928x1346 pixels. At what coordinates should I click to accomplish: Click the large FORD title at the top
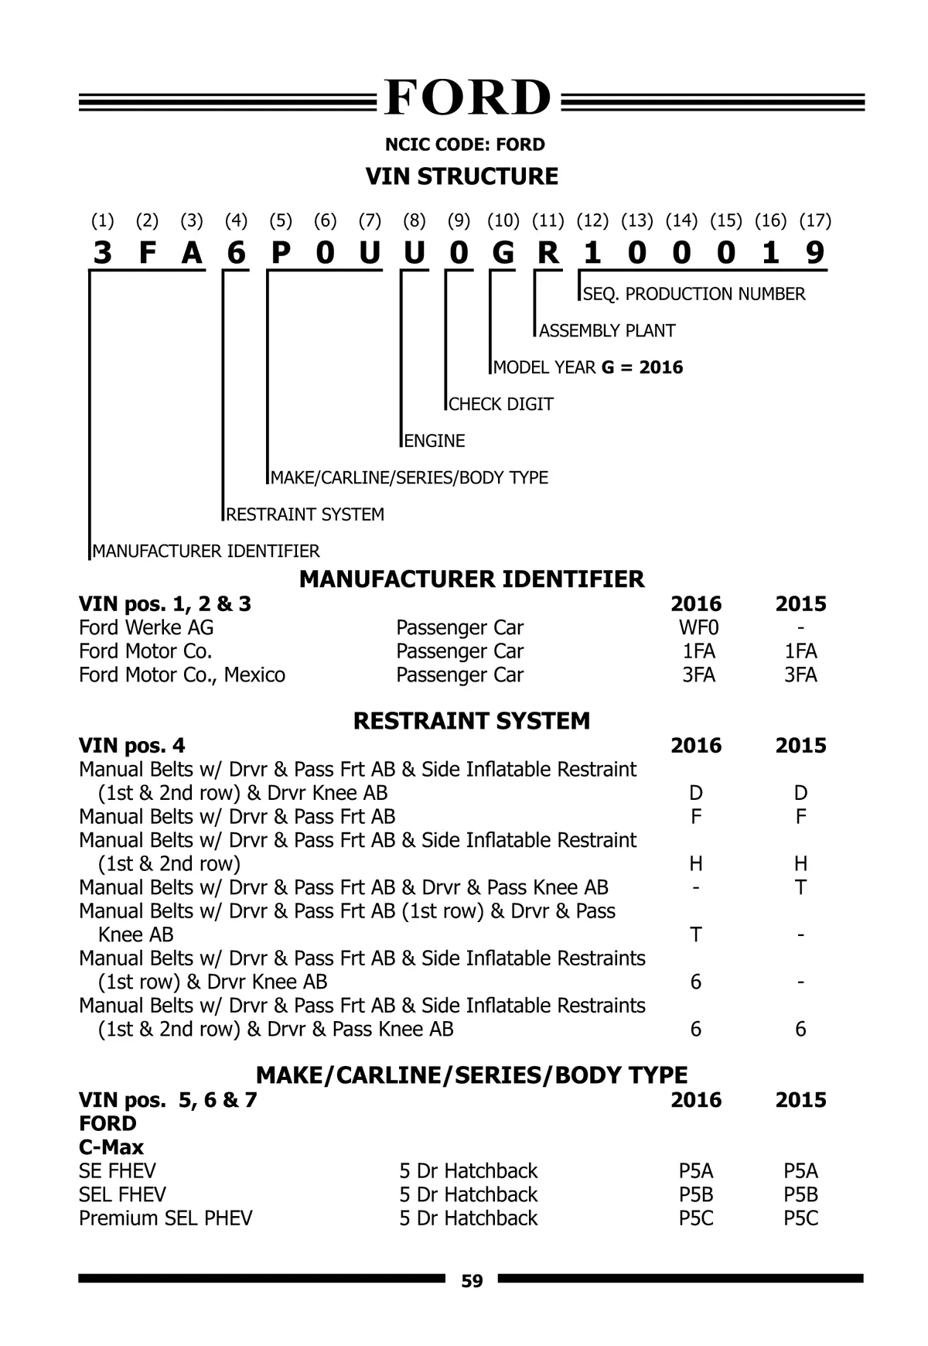467,99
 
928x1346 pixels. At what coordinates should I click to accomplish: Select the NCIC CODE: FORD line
465,145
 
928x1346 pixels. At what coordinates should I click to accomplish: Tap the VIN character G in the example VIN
503,253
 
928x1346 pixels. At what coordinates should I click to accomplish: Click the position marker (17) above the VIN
815,220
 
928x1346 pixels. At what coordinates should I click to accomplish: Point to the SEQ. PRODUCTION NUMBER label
694,294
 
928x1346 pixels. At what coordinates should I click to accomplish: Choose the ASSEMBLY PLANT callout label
607,331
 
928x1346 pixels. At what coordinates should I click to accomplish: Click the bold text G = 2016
642,367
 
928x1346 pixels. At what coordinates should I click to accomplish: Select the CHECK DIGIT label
501,405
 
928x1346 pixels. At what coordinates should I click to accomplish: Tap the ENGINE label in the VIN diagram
435,441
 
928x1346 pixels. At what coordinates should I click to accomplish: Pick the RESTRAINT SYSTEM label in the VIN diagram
305,514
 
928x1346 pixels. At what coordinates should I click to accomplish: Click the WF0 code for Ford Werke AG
698,627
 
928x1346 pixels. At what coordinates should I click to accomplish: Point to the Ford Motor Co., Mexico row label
182,675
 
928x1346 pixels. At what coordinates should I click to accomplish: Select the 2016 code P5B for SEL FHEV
696,1194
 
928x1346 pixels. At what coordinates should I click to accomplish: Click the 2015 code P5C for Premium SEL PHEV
800,1218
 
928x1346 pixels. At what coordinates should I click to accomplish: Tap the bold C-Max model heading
111,1147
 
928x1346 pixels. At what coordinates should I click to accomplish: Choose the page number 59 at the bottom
472,1281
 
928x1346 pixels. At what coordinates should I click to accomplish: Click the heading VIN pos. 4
132,746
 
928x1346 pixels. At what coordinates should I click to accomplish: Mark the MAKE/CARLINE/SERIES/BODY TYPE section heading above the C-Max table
471,1075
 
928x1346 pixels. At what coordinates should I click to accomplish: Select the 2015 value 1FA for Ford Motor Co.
800,651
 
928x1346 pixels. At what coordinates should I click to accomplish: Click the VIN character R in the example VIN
548,253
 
